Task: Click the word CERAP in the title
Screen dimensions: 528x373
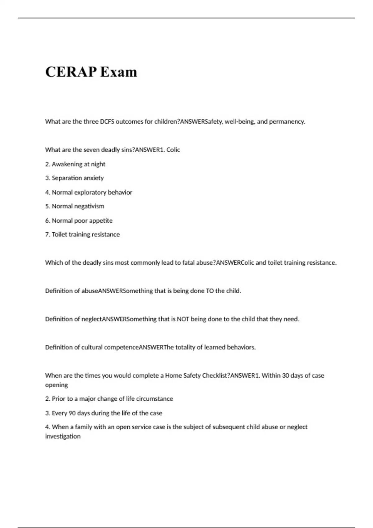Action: [x=71, y=72]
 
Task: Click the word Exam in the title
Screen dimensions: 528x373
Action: [x=118, y=72]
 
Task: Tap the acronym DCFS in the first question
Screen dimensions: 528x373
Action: [x=107, y=121]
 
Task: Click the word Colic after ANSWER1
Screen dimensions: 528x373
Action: [x=173, y=150]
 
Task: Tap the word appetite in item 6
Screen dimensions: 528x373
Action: [x=101, y=221]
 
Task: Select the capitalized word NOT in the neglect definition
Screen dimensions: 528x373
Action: [x=183, y=319]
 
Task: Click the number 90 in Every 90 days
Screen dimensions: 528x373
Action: [x=72, y=413]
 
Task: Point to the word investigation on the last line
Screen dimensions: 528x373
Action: [x=63, y=436]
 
